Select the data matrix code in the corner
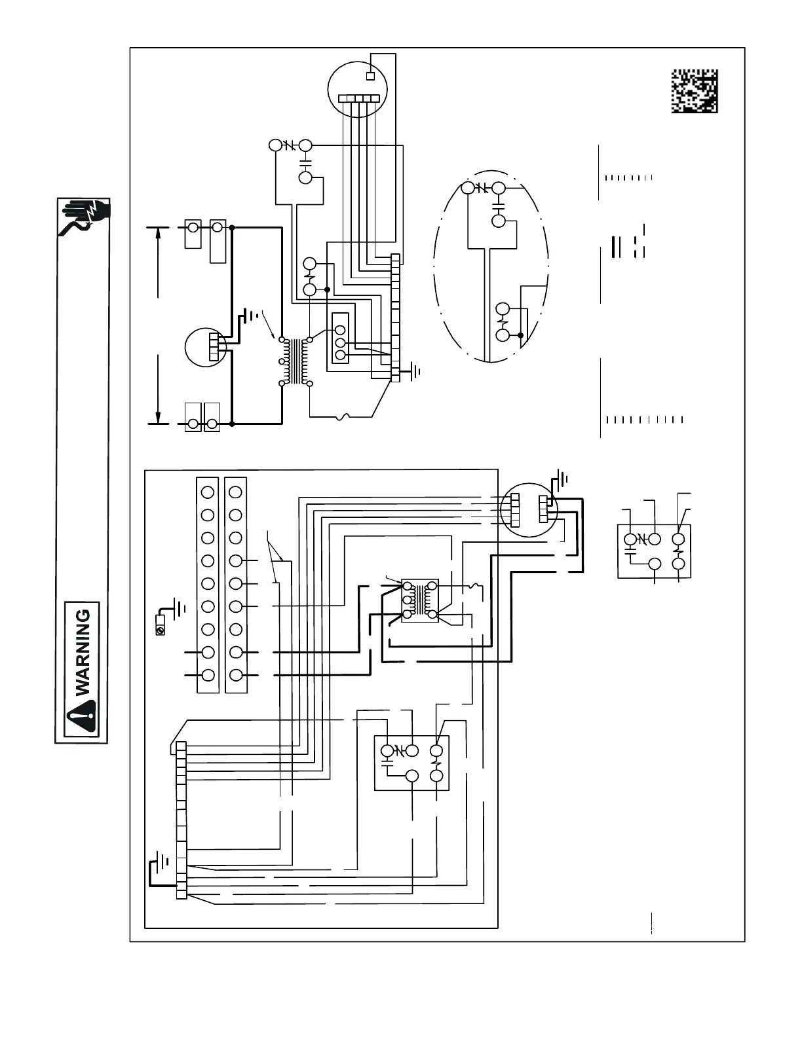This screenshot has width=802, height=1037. pyautogui.click(x=695, y=91)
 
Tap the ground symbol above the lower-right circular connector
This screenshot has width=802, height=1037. pyautogui.click(x=562, y=476)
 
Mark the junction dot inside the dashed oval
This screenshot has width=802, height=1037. pyautogui.click(x=520, y=335)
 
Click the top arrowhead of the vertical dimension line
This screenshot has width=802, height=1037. pyautogui.click(x=159, y=230)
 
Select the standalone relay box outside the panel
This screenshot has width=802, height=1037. pyautogui.click(x=655, y=551)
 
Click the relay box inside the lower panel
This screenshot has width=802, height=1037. pyautogui.click(x=411, y=763)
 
